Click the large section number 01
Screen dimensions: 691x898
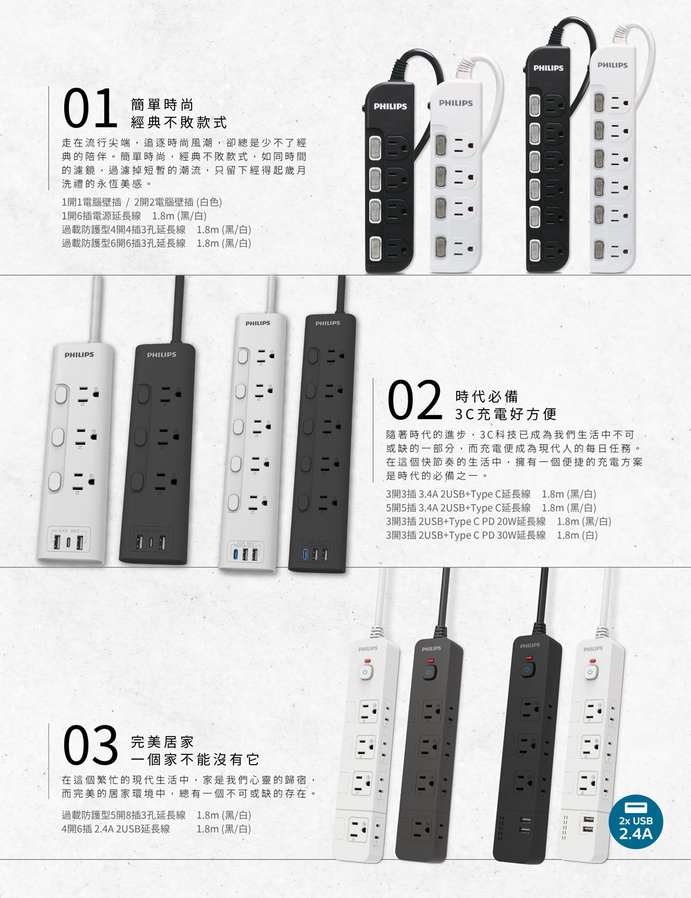(x=90, y=108)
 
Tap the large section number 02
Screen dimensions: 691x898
(x=415, y=399)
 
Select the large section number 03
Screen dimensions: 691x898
(x=90, y=745)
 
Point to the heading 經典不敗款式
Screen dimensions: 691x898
(x=179, y=122)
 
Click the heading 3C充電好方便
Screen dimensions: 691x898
(x=506, y=414)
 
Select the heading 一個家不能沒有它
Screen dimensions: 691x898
(x=195, y=759)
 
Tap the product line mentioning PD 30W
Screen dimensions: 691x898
(x=492, y=535)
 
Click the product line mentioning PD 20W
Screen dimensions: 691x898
(x=498, y=522)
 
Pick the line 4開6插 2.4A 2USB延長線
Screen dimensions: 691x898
(x=115, y=828)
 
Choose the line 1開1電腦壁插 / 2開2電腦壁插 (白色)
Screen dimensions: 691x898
(x=142, y=202)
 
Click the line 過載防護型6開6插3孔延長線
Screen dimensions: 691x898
(x=124, y=243)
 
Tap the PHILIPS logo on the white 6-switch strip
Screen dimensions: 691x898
(x=612, y=66)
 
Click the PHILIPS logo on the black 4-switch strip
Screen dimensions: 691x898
(x=390, y=106)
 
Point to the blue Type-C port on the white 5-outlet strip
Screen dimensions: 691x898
(x=236, y=553)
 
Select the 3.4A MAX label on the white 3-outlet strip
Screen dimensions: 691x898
(x=68, y=531)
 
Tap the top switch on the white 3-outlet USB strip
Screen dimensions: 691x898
(x=61, y=394)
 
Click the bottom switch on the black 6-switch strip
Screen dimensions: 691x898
(x=534, y=249)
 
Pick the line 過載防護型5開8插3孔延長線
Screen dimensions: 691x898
(x=124, y=815)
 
